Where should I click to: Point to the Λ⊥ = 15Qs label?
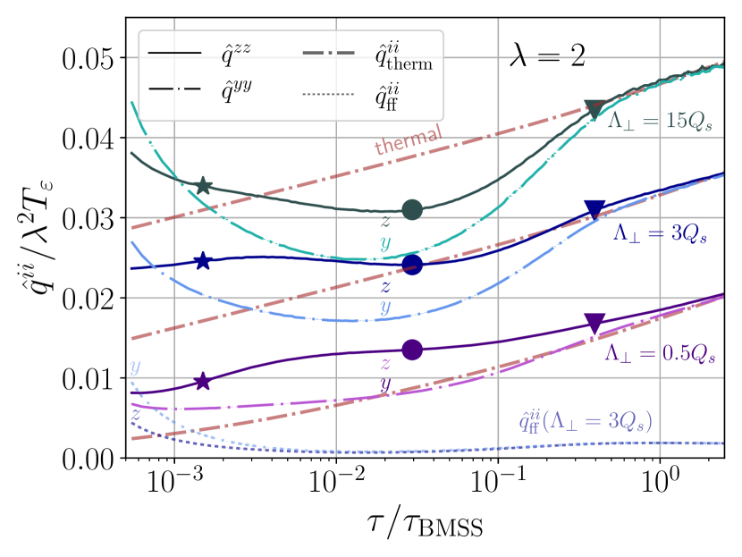(660, 122)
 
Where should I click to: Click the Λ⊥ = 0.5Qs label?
(660, 353)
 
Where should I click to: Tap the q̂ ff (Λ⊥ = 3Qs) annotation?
(586, 420)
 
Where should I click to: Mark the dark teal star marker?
(203, 186)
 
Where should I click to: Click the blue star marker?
(203, 261)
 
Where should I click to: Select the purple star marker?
(203, 382)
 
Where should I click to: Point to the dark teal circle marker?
(411, 209)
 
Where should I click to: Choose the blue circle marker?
(411, 265)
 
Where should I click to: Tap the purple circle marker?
(411, 350)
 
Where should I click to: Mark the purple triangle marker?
(594, 323)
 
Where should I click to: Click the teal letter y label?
(385, 242)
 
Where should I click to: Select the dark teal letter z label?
(384, 220)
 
